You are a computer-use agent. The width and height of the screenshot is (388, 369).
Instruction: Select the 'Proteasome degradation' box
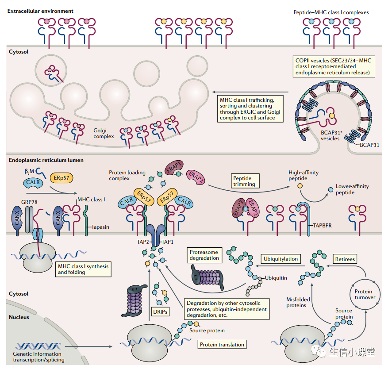[x=204, y=255]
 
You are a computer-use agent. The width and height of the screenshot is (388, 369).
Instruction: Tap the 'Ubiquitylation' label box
[x=280, y=259]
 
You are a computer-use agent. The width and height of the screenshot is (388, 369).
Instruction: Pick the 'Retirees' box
[x=344, y=259]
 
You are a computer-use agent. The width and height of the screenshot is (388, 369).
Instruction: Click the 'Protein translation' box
[x=222, y=344]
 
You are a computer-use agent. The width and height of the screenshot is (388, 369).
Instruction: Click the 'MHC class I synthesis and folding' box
[x=83, y=269]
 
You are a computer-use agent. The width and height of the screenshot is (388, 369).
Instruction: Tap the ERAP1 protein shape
[x=175, y=169]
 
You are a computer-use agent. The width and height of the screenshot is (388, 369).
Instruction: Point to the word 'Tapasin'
[x=101, y=227]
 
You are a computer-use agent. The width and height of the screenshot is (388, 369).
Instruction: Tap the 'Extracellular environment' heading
[x=40, y=11]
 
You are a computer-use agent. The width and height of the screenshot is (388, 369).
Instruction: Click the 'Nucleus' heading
[x=19, y=317]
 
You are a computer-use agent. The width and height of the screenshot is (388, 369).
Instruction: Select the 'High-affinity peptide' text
[x=303, y=176]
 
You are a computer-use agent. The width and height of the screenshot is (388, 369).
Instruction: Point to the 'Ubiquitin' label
[x=276, y=278]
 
